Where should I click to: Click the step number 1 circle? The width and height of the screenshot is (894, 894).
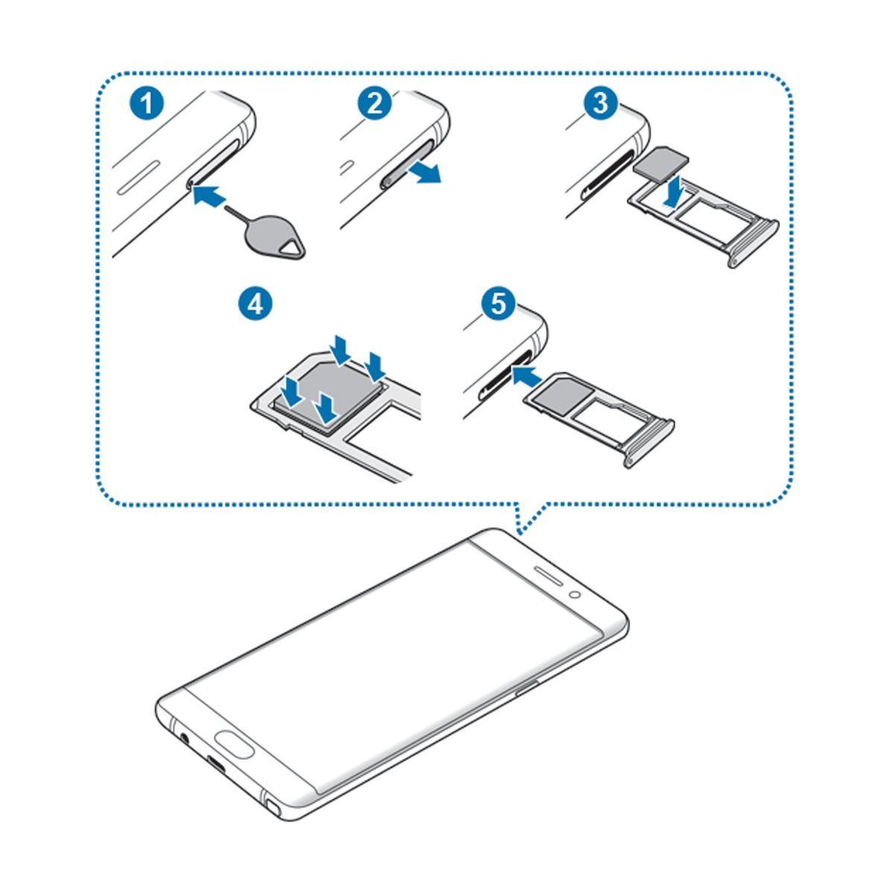pos(146,103)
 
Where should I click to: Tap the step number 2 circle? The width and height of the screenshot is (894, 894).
pos(375,103)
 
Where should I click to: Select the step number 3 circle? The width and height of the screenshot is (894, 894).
pos(600,103)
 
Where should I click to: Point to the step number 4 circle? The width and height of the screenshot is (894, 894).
pos(256,304)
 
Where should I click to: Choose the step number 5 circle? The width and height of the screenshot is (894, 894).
pos(498,305)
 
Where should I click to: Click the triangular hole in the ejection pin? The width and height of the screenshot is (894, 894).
pos(292,248)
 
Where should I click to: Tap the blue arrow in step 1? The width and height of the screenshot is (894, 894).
pos(209,195)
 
